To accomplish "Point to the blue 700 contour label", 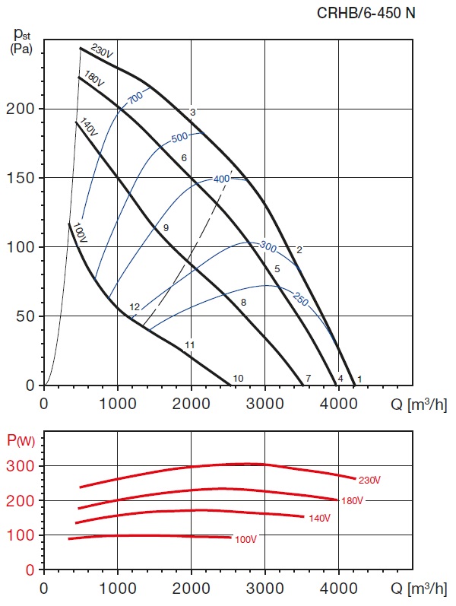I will tap(135, 98).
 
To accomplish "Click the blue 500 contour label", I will tap(179, 138).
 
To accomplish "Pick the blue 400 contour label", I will tap(221, 179).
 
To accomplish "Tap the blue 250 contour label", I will tap(299, 300).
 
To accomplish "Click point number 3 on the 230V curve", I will tap(193, 113).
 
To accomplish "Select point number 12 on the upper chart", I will tap(135, 307).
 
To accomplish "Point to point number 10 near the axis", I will tap(238, 378).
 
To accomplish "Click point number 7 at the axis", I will tap(308, 378).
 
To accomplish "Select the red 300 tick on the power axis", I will tap(23, 465).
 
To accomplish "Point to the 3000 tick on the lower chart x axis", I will tap(264, 589).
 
